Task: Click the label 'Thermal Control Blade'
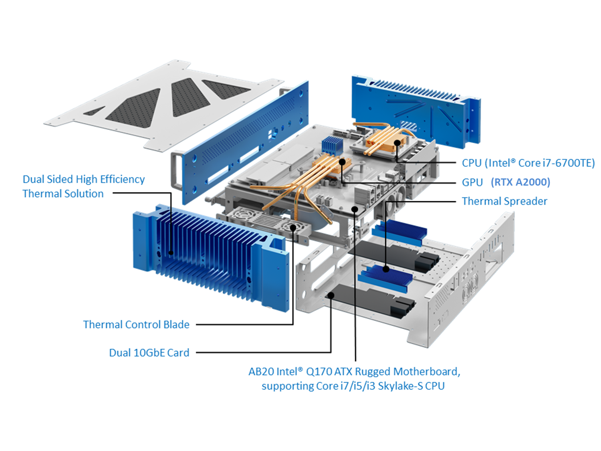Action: click(136, 324)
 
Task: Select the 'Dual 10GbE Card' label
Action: click(149, 353)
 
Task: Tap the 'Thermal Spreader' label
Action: click(504, 201)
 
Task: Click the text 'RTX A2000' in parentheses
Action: click(520, 182)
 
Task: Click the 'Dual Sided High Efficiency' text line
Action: click(84, 179)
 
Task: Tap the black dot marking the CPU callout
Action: click(397, 143)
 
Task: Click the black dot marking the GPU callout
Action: click(342, 162)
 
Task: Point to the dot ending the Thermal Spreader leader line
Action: click(386, 269)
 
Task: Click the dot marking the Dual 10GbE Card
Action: click(331, 295)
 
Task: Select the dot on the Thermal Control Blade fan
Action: click(293, 228)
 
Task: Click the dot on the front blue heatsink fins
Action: click(171, 253)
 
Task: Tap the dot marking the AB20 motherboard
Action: click(355, 209)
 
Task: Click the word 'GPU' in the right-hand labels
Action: click(472, 182)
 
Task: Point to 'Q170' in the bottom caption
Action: click(319, 372)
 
